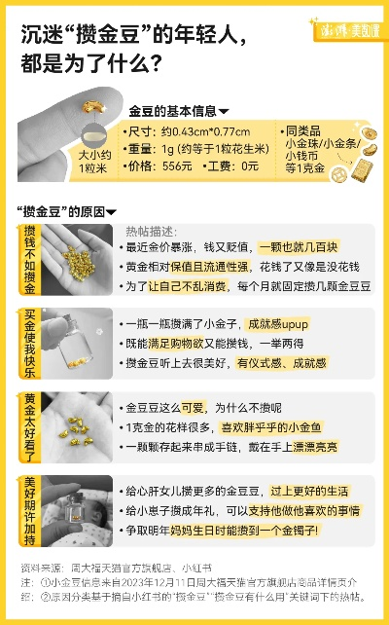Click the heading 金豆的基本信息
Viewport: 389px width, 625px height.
click(174, 111)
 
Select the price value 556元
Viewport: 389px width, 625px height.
click(177, 166)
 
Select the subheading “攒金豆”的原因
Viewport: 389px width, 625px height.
click(63, 211)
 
